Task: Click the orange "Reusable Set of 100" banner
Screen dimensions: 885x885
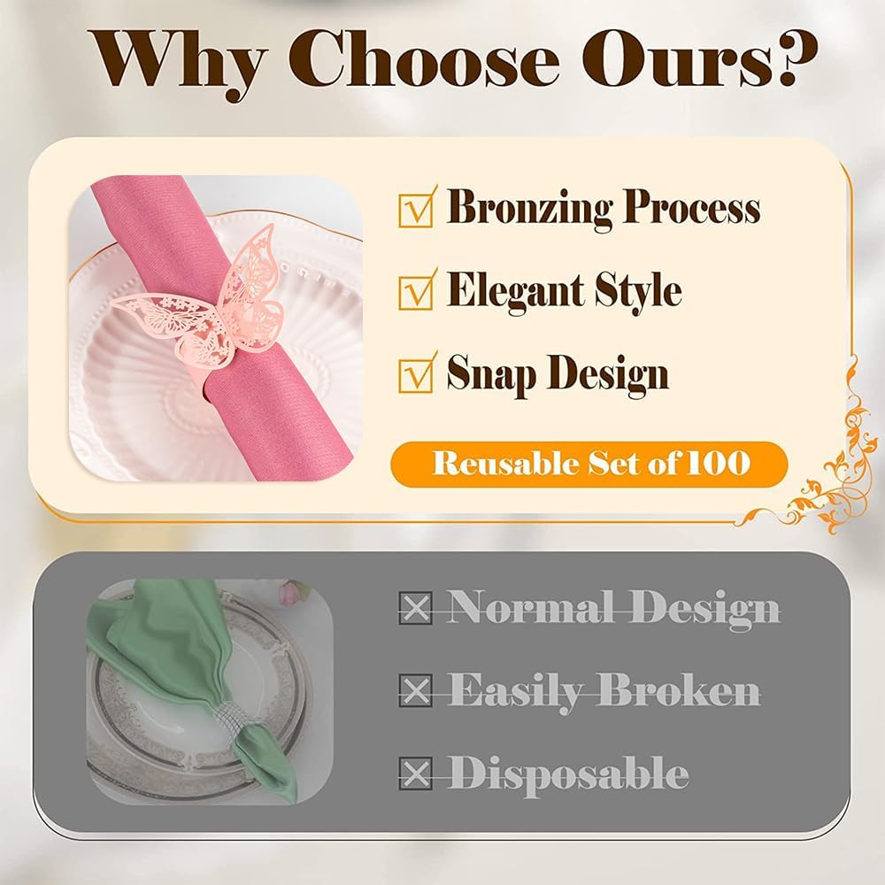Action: tap(589, 464)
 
